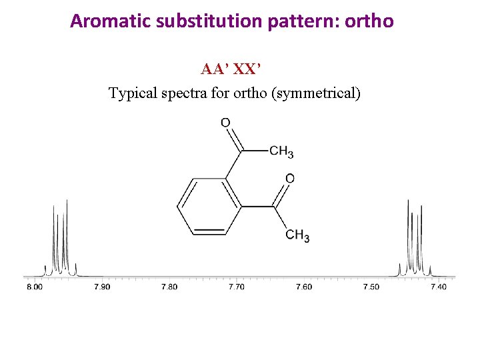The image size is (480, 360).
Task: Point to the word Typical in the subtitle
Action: (133, 93)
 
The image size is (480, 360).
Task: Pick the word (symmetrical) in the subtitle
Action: (316, 93)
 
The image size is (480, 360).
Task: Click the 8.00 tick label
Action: (35, 287)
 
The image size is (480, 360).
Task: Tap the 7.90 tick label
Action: (102, 287)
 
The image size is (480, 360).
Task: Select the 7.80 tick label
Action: (169, 287)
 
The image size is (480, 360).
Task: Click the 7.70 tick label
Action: (237, 287)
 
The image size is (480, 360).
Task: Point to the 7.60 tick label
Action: (303, 287)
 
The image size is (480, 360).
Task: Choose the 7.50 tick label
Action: (371, 287)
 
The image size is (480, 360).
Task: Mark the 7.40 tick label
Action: (438, 287)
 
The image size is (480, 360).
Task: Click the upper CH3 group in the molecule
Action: (281, 152)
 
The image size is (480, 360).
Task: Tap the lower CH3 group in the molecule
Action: (297, 235)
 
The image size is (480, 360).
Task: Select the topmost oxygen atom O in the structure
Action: (225, 123)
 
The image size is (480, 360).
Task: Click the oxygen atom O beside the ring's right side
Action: (289, 179)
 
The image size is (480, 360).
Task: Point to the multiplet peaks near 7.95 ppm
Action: (61, 240)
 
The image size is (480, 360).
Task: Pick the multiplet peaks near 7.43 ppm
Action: (415, 240)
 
